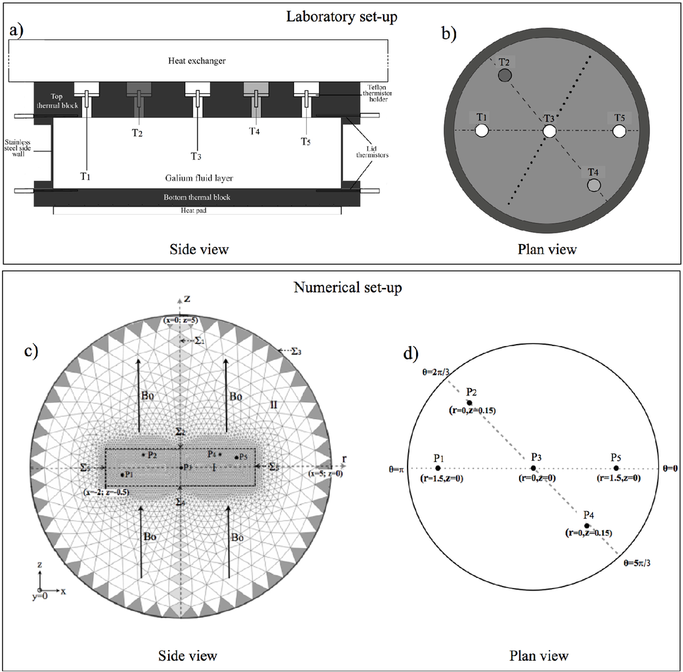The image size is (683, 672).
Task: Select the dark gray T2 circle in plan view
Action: [505, 75]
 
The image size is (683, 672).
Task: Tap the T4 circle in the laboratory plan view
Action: [594, 185]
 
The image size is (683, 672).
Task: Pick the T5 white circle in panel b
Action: [619, 131]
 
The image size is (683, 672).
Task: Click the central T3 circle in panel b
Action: [549, 131]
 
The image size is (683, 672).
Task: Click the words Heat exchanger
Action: [197, 61]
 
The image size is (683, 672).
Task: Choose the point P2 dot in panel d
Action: [470, 403]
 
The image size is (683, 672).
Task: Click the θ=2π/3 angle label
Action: [436, 372]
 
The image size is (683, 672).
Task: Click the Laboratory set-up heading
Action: [341, 15]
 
